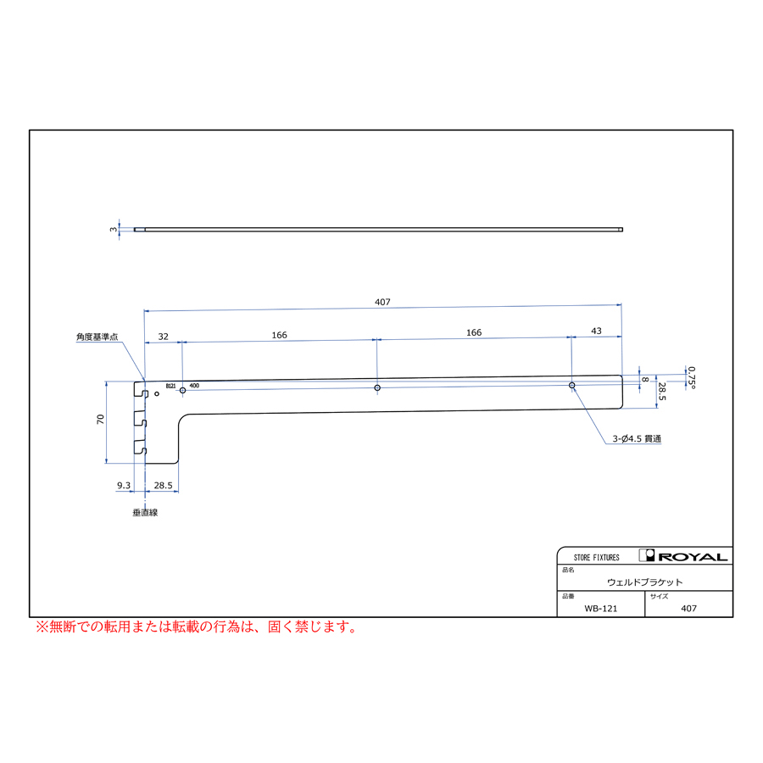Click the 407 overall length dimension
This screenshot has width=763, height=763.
click(382, 302)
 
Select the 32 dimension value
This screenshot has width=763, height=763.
click(164, 337)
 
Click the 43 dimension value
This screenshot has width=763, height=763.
click(596, 331)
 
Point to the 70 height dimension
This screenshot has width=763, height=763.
click(100, 419)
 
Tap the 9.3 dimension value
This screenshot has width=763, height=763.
click(124, 486)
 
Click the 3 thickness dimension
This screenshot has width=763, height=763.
click(114, 229)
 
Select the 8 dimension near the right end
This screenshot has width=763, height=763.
click(645, 380)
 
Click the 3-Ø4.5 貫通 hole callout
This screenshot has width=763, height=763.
click(637, 439)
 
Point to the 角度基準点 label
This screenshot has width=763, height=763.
click(97, 337)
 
